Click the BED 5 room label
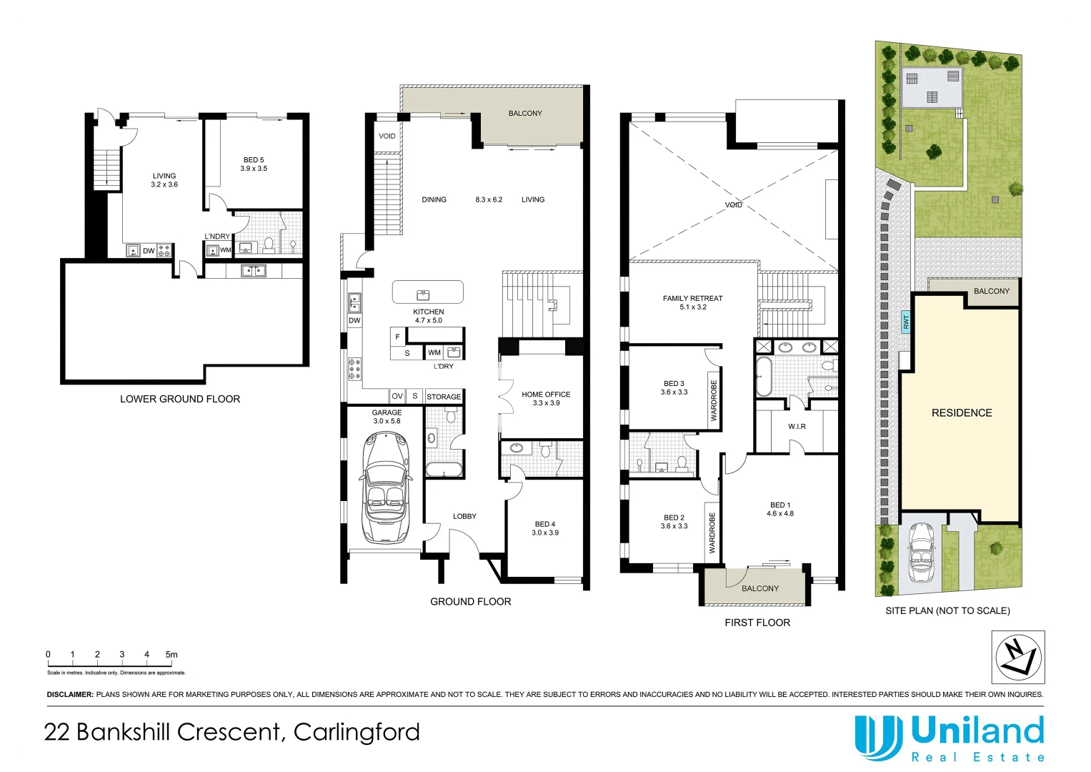(253, 160)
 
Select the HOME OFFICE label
(546, 395)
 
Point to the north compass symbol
(1018, 657)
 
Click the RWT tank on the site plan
(906, 322)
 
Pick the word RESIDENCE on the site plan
(962, 413)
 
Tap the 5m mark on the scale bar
(171, 655)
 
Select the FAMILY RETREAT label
(692, 298)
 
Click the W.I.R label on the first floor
(797, 427)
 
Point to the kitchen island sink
(423, 295)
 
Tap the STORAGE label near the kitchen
(443, 397)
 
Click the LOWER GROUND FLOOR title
(180, 399)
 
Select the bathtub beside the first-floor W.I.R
(763, 377)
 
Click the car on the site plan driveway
(920, 552)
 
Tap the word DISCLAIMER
(69, 695)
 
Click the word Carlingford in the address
(357, 732)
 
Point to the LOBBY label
(464, 516)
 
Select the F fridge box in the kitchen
(397, 337)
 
